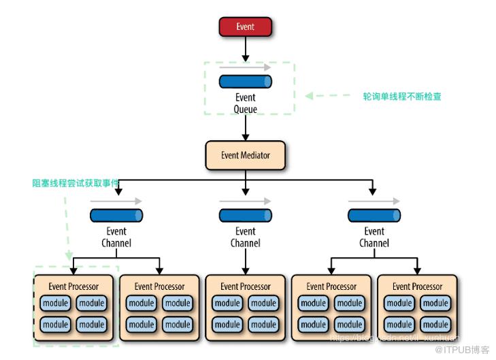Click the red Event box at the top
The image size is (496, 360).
click(245, 27)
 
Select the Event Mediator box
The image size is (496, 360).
click(245, 155)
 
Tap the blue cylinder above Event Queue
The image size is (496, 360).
click(245, 82)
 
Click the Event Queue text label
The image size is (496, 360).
click(245, 103)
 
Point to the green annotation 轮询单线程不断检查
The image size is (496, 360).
click(402, 97)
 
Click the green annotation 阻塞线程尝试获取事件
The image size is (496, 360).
click(76, 183)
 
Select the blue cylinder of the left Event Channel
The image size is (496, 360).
click(116, 216)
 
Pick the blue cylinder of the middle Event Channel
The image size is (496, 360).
click(245, 216)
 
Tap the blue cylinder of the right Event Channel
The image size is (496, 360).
click(374, 216)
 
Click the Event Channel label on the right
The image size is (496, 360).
click(374, 237)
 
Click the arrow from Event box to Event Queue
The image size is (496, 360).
click(245, 49)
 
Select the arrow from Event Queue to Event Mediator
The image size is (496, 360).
click(245, 128)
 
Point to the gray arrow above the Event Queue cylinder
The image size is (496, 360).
click(245, 67)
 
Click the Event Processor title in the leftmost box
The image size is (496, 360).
click(73, 287)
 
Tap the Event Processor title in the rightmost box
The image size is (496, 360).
click(417, 287)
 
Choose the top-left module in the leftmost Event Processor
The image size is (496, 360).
click(56, 304)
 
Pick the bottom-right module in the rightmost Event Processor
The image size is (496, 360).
click(435, 325)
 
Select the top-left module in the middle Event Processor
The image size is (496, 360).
click(227, 304)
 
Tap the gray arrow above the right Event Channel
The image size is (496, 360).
click(374, 201)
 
